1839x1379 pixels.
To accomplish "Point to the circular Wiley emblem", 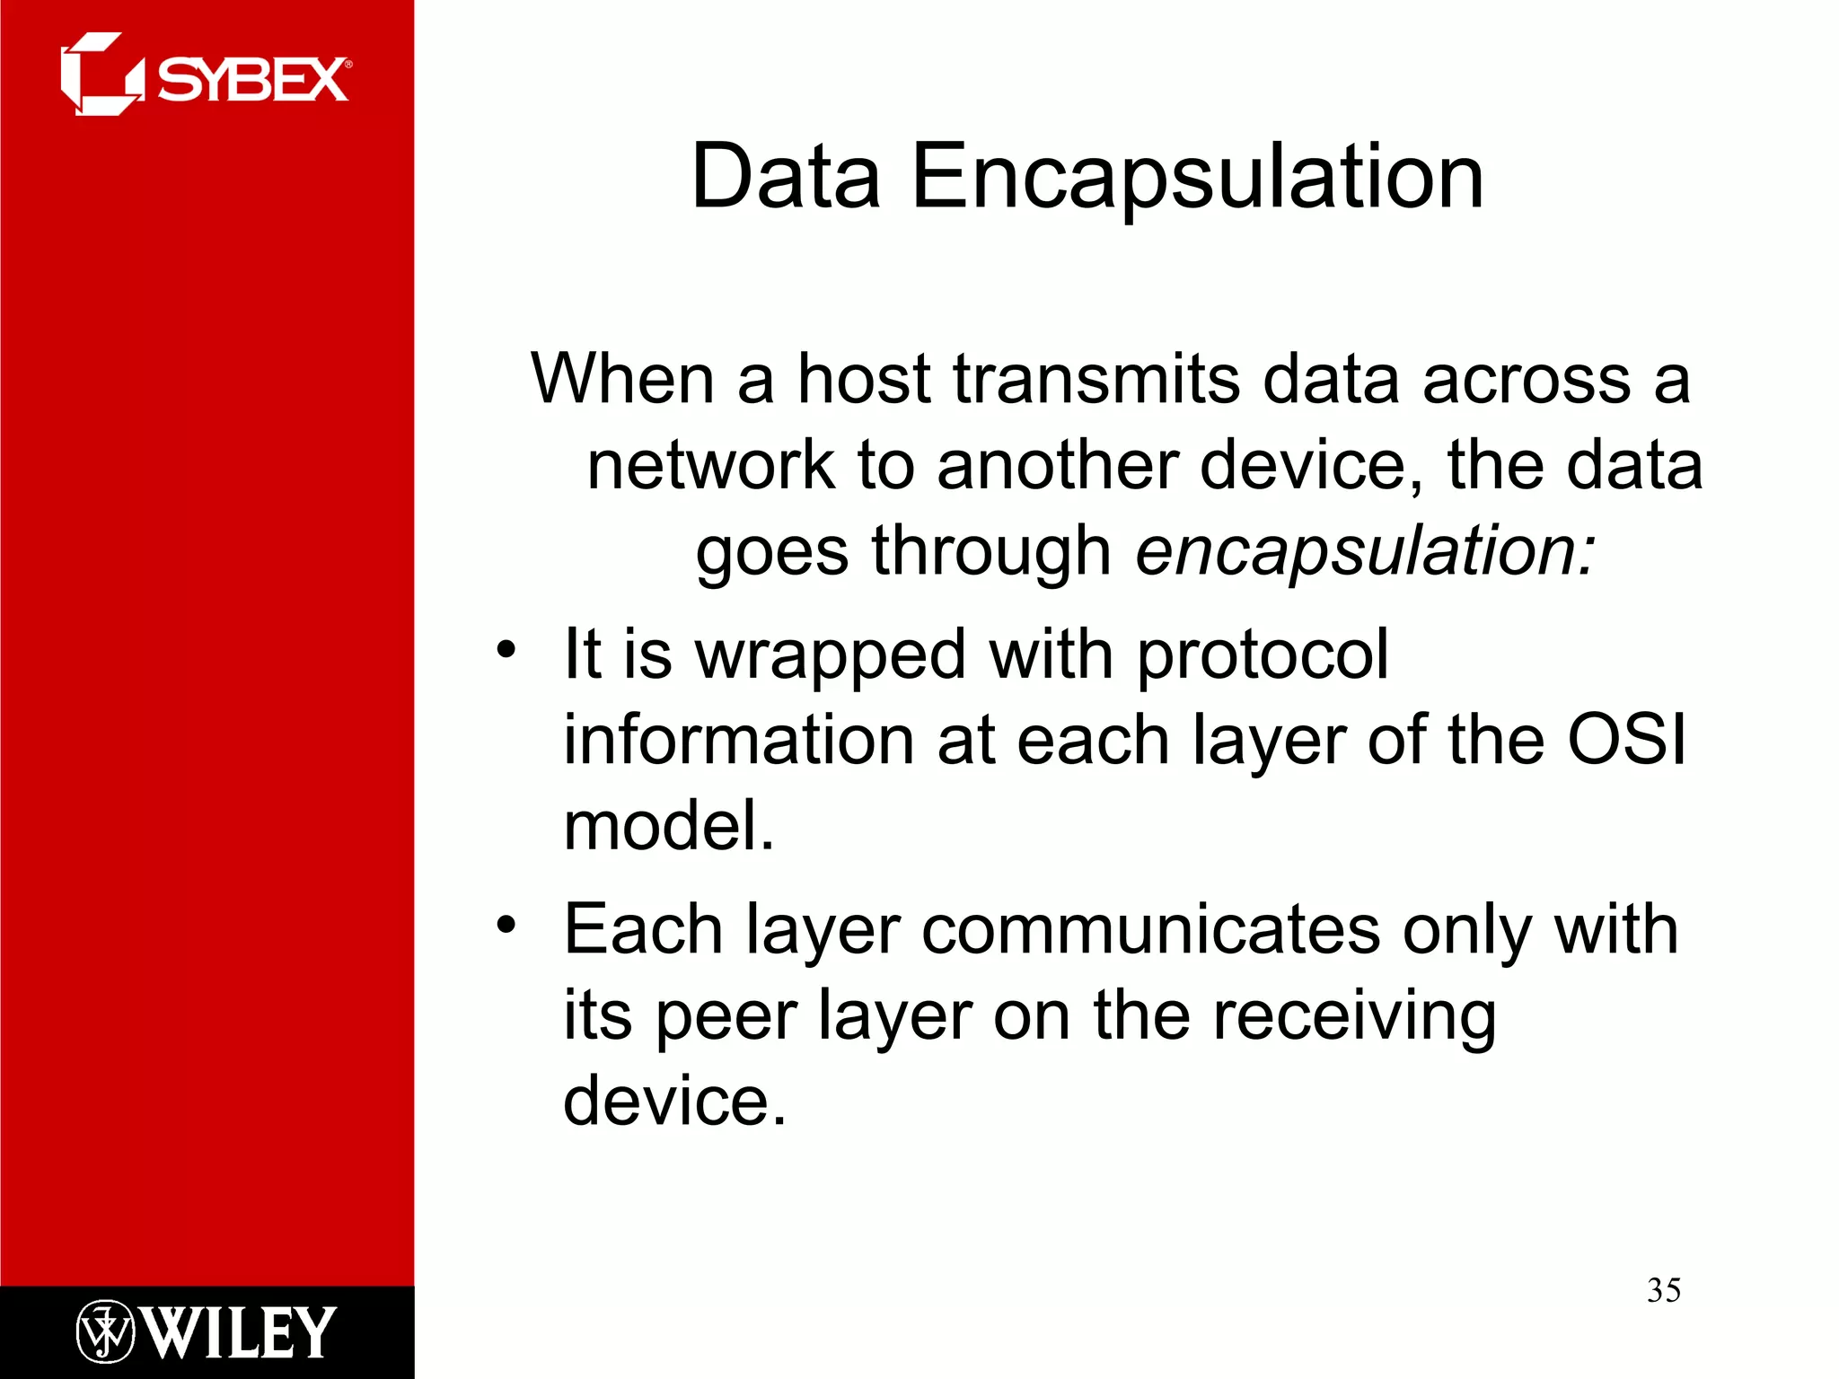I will click(105, 1331).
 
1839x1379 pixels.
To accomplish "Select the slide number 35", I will click(1663, 1290).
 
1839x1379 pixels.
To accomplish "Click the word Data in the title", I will click(785, 177).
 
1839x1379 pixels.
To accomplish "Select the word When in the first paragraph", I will click(622, 378).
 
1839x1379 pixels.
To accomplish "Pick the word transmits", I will click(1096, 378).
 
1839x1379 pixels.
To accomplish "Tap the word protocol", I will click(1263, 655).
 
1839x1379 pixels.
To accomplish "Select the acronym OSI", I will click(1626, 740).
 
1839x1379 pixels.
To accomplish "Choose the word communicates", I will click(1151, 929).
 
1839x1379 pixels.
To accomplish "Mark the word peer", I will click(726, 1016).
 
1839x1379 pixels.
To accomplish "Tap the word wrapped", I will click(832, 655).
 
